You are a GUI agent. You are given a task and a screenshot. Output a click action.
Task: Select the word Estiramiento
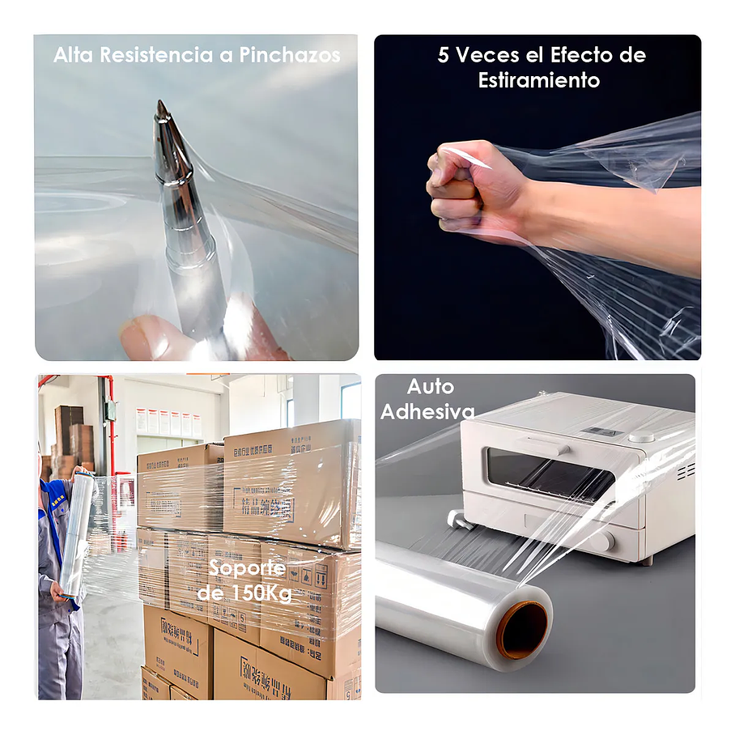(x=538, y=81)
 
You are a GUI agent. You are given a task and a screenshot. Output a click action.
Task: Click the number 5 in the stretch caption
(x=444, y=55)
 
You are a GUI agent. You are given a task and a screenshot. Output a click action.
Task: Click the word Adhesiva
(x=427, y=412)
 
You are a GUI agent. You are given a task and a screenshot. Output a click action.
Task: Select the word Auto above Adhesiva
(x=430, y=387)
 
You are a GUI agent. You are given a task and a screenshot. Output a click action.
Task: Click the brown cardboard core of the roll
(x=523, y=630)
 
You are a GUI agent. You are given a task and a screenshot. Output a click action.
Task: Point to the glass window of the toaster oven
(x=550, y=474)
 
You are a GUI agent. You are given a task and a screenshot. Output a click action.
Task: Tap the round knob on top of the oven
(x=642, y=435)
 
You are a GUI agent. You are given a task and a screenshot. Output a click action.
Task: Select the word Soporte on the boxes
(x=247, y=567)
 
